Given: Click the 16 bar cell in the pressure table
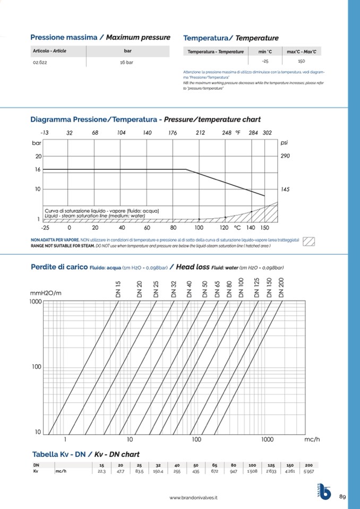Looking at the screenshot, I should (127, 62).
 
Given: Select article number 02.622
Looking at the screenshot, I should (40, 62).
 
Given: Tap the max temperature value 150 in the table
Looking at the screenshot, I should (301, 62).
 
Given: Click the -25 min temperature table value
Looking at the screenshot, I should (265, 62).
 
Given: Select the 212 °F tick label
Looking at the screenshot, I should (200, 133).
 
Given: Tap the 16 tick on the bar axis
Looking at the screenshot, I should (38, 170).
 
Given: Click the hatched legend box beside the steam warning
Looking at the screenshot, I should (309, 241).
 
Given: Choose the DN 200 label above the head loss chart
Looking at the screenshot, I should (281, 287).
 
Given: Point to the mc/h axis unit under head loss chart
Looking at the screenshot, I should (312, 439).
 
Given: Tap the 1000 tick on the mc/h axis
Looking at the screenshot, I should (267, 439).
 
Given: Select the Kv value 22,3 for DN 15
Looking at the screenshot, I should (102, 471).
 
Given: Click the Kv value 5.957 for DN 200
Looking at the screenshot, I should (308, 471).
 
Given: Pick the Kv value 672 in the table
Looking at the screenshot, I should (215, 471).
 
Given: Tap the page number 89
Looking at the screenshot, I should (342, 497).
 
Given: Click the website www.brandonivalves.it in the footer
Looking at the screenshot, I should (194, 498).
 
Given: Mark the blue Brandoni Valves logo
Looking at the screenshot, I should (324, 492).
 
